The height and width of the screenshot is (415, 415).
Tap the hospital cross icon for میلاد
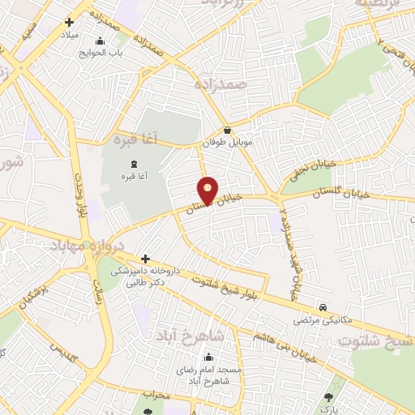click(69, 23)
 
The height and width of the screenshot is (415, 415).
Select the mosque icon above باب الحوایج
click(100, 42)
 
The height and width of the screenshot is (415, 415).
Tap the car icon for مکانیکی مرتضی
click(323, 308)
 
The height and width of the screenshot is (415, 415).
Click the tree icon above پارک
click(328, 397)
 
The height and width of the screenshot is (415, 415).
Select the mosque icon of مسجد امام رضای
click(209, 358)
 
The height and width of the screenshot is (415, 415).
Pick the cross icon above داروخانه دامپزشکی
click(145, 259)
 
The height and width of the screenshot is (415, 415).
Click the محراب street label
click(153, 395)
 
